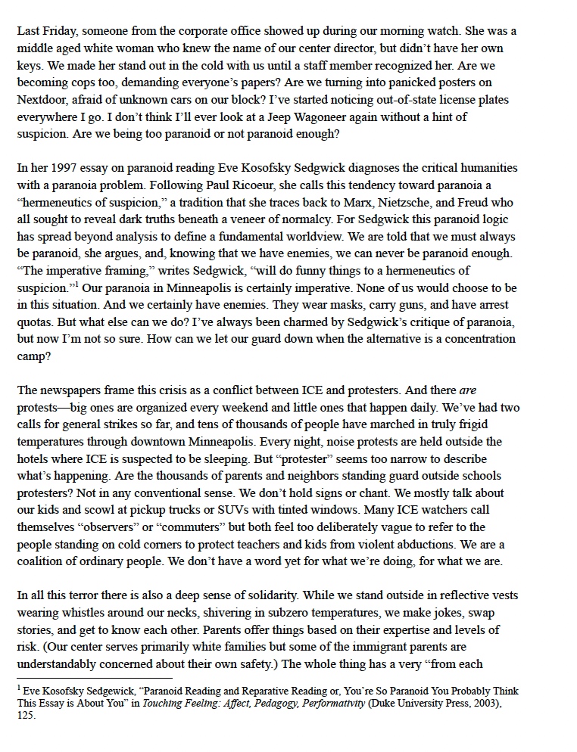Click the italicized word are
(468, 392)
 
